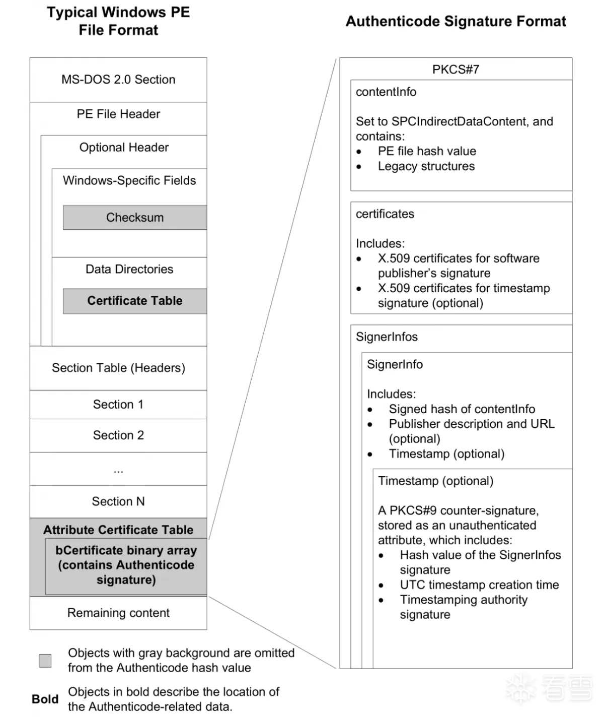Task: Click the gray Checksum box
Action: point(134,218)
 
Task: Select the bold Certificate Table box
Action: point(134,301)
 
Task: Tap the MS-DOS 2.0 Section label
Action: point(118,80)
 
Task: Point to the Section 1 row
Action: point(118,405)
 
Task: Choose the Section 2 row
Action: point(118,435)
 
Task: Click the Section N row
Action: point(118,501)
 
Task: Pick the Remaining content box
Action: point(118,613)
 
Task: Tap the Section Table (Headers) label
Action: point(118,368)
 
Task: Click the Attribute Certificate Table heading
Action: point(118,530)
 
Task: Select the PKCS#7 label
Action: point(456,70)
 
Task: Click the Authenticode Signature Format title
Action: point(456,21)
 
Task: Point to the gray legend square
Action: point(45,661)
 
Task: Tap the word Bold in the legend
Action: point(45,699)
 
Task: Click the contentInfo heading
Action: point(386,92)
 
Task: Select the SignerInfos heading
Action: point(387,337)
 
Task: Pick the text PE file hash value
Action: point(427,151)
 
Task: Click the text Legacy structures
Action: point(426,166)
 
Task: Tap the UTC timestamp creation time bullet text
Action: point(479,585)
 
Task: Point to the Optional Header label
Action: point(124,147)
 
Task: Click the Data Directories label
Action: point(129,269)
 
